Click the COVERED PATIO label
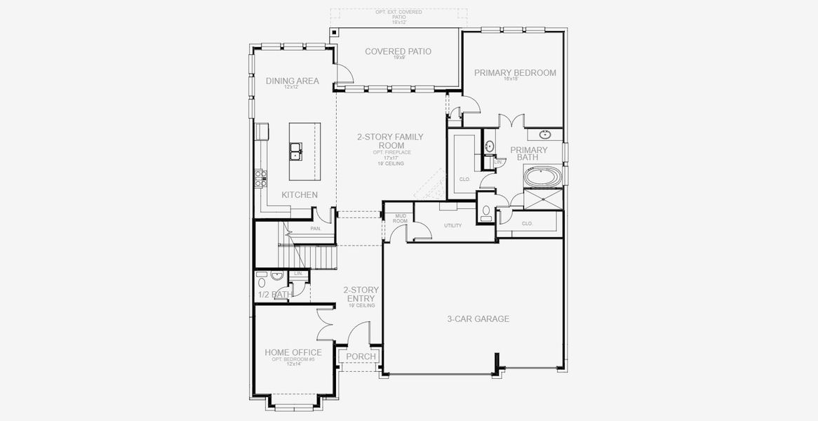coord(398,51)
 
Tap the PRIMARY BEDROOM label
coord(515,72)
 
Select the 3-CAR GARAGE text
coord(478,319)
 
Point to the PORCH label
coord(361,356)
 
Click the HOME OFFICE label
coord(293,352)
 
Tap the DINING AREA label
coord(292,81)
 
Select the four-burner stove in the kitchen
coord(261,178)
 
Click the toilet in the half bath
coord(262,276)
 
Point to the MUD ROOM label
coord(401,218)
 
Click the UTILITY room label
coord(452,225)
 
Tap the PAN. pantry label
coord(315,229)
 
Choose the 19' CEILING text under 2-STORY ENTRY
coord(361,306)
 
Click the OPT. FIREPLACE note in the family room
coord(381,152)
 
